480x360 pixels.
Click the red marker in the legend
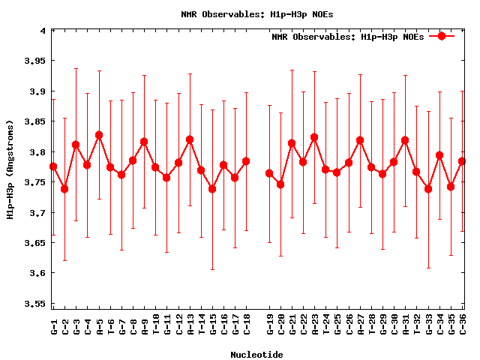click(442, 36)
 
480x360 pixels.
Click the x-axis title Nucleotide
click(256, 355)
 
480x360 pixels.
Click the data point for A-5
click(99, 135)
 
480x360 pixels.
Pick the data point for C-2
click(64, 189)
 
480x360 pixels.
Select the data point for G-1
click(53, 166)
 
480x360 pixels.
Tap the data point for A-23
click(314, 137)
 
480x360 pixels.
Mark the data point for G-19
click(269, 173)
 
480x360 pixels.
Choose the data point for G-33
click(428, 189)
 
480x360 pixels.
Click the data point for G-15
click(212, 189)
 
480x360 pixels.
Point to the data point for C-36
click(462, 161)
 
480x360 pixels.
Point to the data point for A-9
click(144, 142)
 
